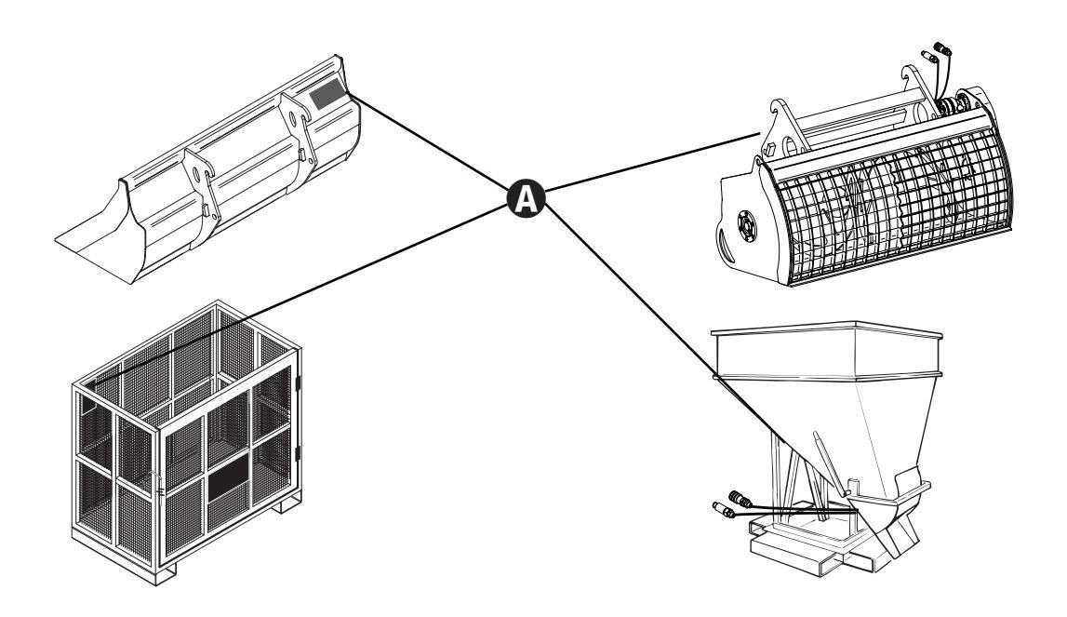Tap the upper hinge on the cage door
pos(300,382)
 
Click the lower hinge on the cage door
pos(300,455)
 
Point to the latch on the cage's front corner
pos(161,485)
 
